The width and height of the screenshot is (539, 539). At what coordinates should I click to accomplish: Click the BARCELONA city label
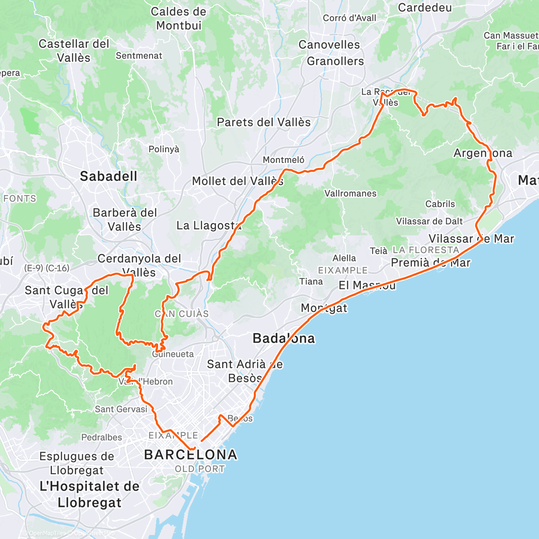(x=190, y=455)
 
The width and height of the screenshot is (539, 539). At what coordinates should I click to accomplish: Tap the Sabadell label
(x=108, y=177)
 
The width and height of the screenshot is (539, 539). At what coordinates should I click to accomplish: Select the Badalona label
(x=283, y=338)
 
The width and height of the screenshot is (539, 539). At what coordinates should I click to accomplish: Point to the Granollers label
(x=335, y=61)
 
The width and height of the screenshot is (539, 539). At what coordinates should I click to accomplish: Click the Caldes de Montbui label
(x=178, y=18)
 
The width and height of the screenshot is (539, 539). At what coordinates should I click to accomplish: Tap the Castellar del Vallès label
(x=74, y=51)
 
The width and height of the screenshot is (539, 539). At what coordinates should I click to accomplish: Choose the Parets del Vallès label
(x=264, y=122)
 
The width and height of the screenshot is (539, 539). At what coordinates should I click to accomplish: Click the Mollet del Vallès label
(x=238, y=181)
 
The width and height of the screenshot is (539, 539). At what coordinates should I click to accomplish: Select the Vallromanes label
(x=350, y=194)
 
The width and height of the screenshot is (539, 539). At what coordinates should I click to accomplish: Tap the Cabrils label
(x=440, y=204)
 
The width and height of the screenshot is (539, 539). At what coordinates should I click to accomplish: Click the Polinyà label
(x=163, y=149)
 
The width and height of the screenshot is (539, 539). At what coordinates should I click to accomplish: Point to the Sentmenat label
(x=139, y=56)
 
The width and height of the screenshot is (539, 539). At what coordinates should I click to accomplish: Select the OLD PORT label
(x=199, y=469)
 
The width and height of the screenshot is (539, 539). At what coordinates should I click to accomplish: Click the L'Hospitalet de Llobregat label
(x=89, y=494)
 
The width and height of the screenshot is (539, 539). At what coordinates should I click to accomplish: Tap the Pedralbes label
(x=101, y=437)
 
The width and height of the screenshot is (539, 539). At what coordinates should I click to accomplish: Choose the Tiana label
(x=311, y=282)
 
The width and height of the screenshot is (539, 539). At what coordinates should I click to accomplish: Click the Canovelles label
(x=329, y=45)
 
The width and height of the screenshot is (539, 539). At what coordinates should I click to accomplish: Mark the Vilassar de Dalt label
(x=429, y=221)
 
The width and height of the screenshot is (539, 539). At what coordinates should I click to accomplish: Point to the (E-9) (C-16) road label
(x=47, y=268)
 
